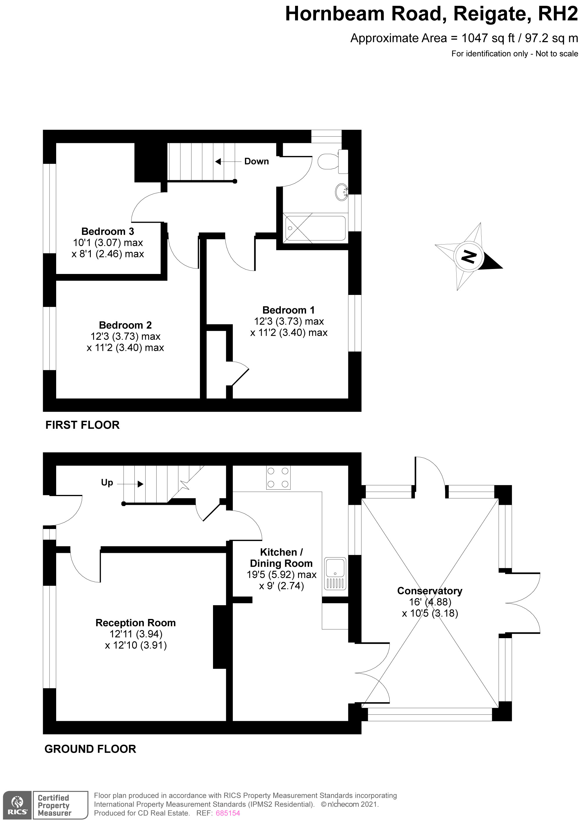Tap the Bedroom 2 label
[125, 325]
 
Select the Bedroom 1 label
[288, 310]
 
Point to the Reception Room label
[136, 623]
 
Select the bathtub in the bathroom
[315, 228]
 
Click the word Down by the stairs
[256, 162]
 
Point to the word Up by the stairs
[107, 483]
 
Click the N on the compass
[469, 257]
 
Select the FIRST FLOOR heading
[82, 425]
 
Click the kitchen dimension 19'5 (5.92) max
[281, 575]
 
